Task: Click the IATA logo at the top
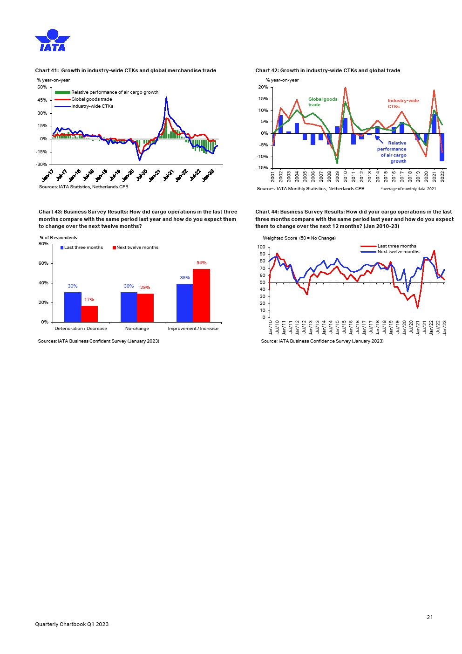[x=52, y=41]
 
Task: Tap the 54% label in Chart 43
[x=201, y=263]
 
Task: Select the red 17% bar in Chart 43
[x=89, y=314]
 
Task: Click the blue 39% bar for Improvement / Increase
[x=184, y=303]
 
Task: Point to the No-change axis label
[x=137, y=329]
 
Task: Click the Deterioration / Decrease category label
[x=81, y=329]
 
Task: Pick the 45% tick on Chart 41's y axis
[x=42, y=100]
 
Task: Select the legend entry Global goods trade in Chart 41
[x=91, y=99]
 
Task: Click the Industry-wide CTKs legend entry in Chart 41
[x=92, y=106]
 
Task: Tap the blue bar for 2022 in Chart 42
[x=442, y=147]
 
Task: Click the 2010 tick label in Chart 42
[x=345, y=176]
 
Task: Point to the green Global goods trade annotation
[x=322, y=102]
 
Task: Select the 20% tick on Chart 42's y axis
[x=263, y=87]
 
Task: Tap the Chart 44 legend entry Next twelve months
[x=398, y=252]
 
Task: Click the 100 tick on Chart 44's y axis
[x=261, y=247]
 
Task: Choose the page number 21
[x=429, y=617]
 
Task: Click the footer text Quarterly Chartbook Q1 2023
[x=72, y=624]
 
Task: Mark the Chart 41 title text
[x=125, y=71]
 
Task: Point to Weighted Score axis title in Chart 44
[x=299, y=238]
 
